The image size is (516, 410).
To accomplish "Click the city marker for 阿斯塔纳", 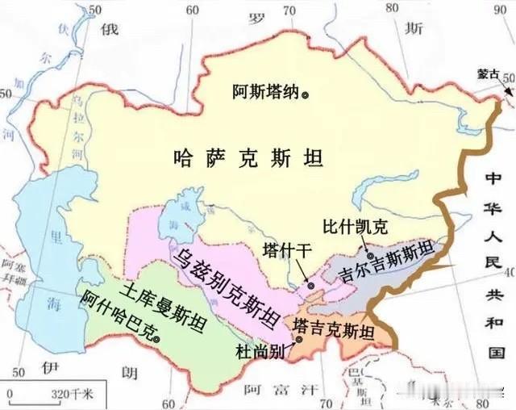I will point(305,94).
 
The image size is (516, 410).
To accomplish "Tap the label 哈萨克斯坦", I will point(248,157).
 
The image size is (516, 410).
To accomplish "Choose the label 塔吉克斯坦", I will point(334,329).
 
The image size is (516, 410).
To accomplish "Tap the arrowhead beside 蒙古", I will point(508,90).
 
